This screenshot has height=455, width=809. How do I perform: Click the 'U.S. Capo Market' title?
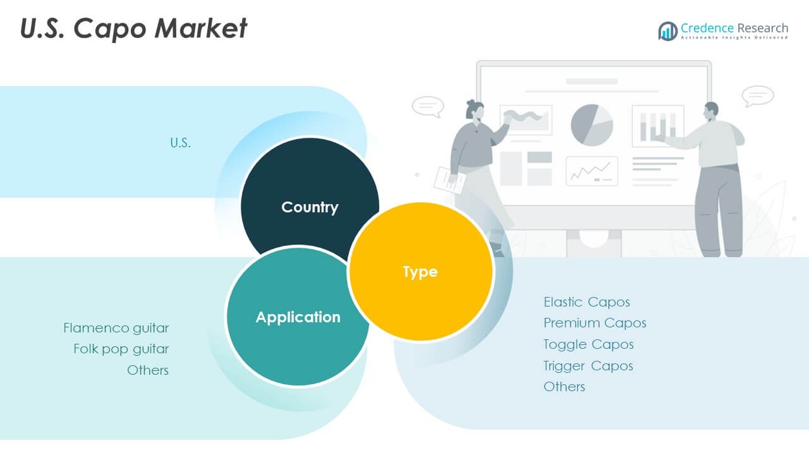pyautogui.click(x=133, y=28)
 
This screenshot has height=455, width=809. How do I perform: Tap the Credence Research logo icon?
pyautogui.click(x=668, y=31)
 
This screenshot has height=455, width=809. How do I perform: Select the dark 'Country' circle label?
pyautogui.click(x=310, y=207)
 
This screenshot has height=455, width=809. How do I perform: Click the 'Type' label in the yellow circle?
pyautogui.click(x=420, y=272)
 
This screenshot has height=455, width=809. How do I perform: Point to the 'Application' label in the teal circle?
pyautogui.click(x=298, y=317)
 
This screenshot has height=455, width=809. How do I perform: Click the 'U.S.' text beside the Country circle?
pyautogui.click(x=180, y=143)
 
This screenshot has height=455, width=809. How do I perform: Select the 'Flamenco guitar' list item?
pyautogui.click(x=116, y=328)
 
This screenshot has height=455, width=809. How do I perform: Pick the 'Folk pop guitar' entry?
pyautogui.click(x=121, y=349)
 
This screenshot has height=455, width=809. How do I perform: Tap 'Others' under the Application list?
pyautogui.click(x=148, y=370)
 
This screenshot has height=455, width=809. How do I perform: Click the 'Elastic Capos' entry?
pyautogui.click(x=587, y=302)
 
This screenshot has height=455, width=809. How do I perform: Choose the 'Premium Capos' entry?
pyautogui.click(x=595, y=323)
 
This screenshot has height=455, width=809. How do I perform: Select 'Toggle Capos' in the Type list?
pyautogui.click(x=588, y=344)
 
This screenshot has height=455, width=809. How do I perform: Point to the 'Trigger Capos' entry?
pyautogui.click(x=588, y=366)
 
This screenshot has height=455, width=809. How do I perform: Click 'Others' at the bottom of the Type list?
pyautogui.click(x=564, y=387)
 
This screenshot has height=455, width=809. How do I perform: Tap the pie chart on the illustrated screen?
pyautogui.click(x=592, y=125)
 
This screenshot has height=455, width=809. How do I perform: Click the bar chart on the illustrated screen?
pyautogui.click(x=658, y=126)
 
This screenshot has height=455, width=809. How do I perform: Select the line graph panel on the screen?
pyautogui.click(x=592, y=171)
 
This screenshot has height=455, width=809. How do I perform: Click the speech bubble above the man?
pyautogui.click(x=758, y=96)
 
